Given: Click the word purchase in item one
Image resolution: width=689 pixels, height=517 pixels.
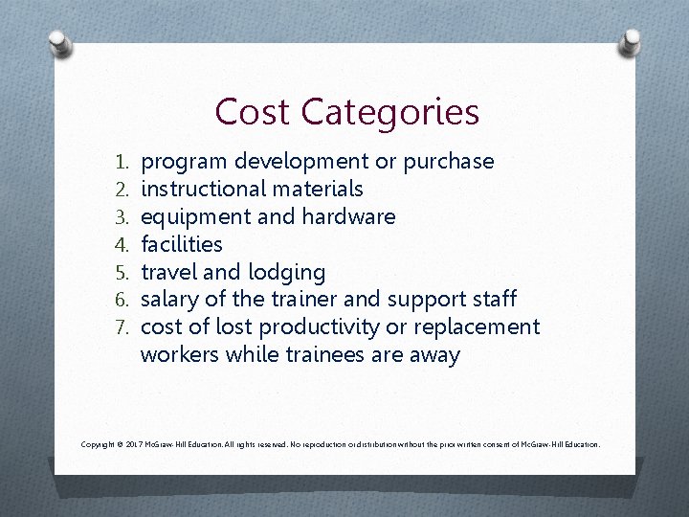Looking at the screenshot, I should pos(449,162).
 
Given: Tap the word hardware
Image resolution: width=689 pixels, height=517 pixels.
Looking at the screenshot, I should pos(348,216).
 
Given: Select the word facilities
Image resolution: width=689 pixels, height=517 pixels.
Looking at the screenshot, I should pos(181,244).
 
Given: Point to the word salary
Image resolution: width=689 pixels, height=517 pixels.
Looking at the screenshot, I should pos(170,300).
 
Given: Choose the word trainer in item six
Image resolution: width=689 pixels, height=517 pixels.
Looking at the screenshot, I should pos(327,300).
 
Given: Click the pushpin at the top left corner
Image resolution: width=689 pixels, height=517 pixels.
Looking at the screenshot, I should pos(58,43).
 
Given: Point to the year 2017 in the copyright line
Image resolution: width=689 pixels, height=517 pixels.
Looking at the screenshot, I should pos(133,445).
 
